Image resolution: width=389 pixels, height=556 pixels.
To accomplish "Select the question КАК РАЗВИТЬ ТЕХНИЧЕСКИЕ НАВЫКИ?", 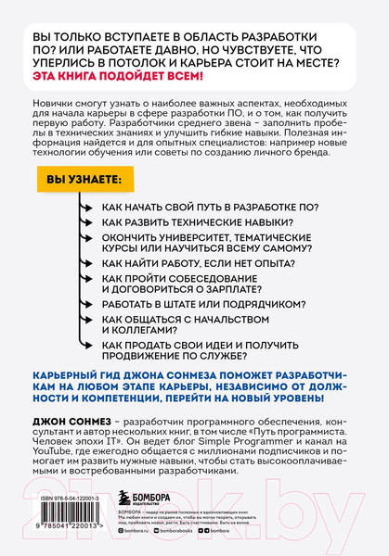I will click(194, 225).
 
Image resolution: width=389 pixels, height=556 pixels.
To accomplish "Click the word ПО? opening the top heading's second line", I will click(58, 49).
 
